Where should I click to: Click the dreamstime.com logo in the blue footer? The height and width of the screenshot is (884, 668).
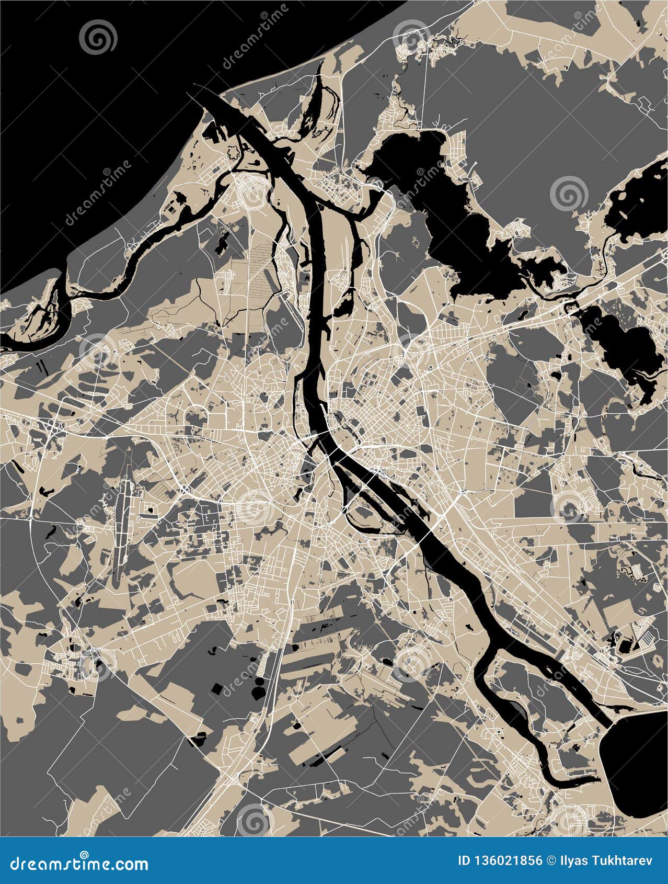click(x=79, y=863)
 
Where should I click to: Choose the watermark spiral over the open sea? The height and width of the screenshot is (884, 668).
click(x=98, y=38)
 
